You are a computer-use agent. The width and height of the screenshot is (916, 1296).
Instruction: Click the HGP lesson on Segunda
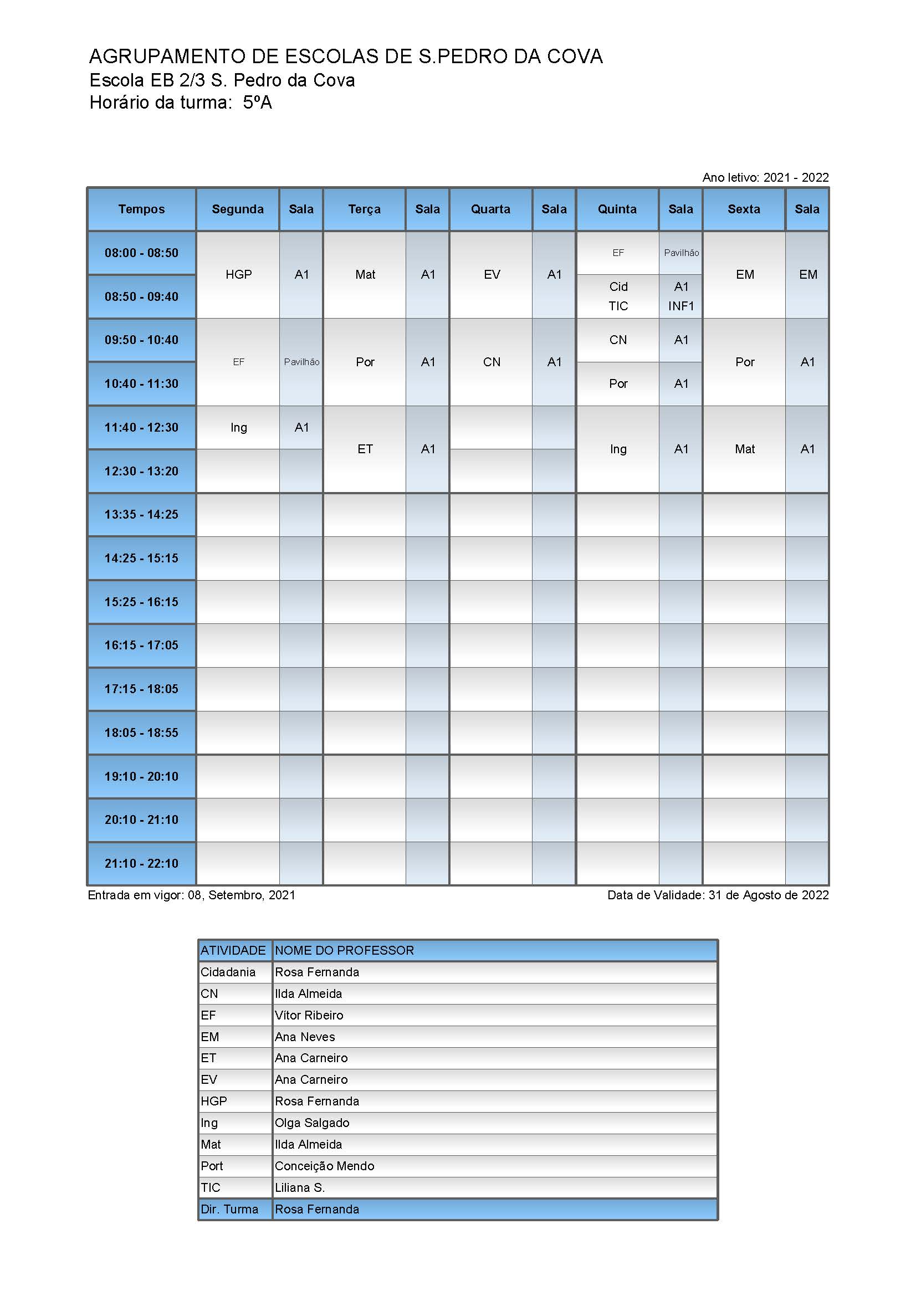pos(238,275)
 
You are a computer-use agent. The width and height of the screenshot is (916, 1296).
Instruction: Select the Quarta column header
pos(490,209)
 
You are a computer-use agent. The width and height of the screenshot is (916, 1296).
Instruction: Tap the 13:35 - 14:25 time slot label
pos(141,515)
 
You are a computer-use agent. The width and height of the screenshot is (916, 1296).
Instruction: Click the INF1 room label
pos(680,306)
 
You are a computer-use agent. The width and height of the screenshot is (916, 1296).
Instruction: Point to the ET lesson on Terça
pos(365,449)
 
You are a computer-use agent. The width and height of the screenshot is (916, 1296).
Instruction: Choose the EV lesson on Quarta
pos(491,275)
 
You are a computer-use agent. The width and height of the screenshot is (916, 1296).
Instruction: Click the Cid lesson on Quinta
pos(618,287)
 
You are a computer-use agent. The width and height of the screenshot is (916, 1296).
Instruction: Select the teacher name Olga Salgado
pos(312,1123)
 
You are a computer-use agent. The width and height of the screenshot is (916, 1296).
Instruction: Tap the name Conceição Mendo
pos(325,1166)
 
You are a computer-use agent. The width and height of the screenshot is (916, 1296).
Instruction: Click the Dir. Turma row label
pos(229,1209)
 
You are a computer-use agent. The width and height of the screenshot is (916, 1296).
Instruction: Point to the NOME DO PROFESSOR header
pos(344,951)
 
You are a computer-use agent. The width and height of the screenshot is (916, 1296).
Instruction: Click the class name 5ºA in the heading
pos(257,103)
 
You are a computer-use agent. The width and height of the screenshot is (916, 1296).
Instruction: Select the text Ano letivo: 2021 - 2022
pos(765,177)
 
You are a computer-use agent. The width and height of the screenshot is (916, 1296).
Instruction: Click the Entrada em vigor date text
pos(191,895)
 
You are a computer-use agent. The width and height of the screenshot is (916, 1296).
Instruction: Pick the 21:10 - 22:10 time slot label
pos(141,864)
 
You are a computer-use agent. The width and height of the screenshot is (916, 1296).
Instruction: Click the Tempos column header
pos(141,209)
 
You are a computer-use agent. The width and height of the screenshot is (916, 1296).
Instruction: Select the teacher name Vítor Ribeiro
pos(309,1016)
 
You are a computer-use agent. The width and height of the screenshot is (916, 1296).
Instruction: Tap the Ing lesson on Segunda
pos(238,428)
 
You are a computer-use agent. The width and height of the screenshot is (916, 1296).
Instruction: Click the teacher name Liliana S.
pos(300,1187)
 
